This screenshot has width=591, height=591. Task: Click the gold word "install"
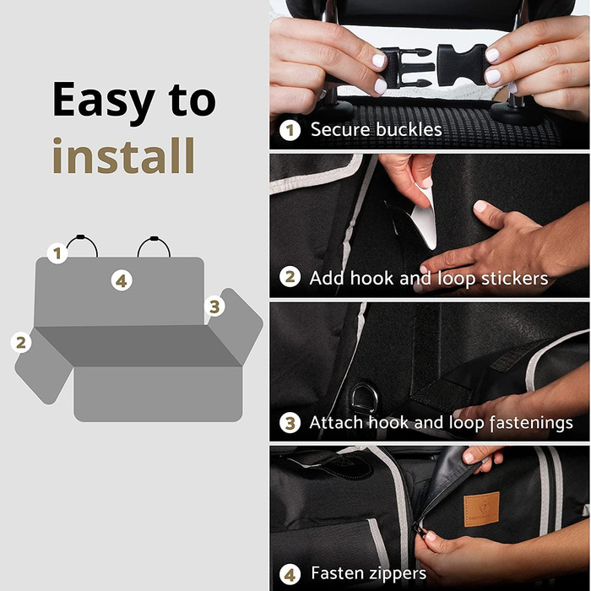[x=123, y=155]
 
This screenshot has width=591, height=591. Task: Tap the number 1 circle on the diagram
[x=57, y=253]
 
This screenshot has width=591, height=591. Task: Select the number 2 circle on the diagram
[x=21, y=342]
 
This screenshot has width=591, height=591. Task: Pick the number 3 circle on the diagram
[x=214, y=306]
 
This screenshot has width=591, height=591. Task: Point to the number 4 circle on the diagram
[x=122, y=281]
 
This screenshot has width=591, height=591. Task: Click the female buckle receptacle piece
[x=463, y=64]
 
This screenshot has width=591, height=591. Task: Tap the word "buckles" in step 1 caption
[x=409, y=130]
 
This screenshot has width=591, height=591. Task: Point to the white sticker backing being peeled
[x=426, y=218]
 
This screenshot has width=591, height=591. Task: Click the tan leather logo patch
[x=481, y=509]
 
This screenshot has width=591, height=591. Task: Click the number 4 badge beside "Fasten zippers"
[x=290, y=575]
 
